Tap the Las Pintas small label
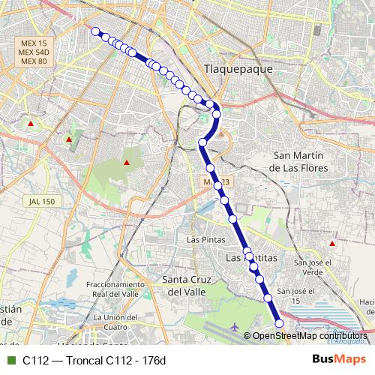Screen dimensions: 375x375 (200, 239)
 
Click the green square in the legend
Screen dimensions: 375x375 (10, 360)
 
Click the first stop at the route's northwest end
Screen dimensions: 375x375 (95, 31)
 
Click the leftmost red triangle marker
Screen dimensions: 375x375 (30, 124)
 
